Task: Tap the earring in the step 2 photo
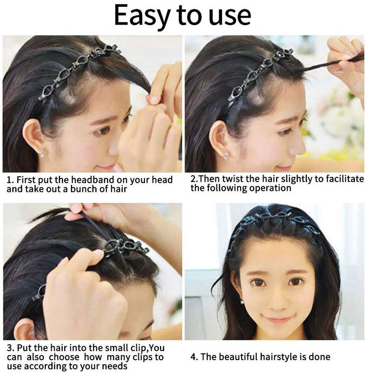point(225,156)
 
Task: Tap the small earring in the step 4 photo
point(242,302)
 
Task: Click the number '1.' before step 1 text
point(10,180)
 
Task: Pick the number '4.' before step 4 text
point(194,357)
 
